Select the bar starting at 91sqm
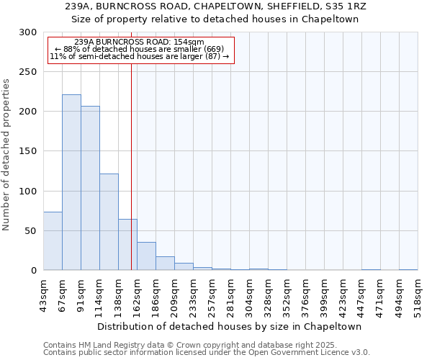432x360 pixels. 90,188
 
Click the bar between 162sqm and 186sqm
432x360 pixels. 146,256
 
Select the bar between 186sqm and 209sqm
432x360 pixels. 165,264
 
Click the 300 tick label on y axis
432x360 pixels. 28,32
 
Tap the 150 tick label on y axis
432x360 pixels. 28,151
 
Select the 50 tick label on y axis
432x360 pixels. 31,231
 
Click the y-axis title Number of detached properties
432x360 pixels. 6,155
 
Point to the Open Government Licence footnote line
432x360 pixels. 206,352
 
